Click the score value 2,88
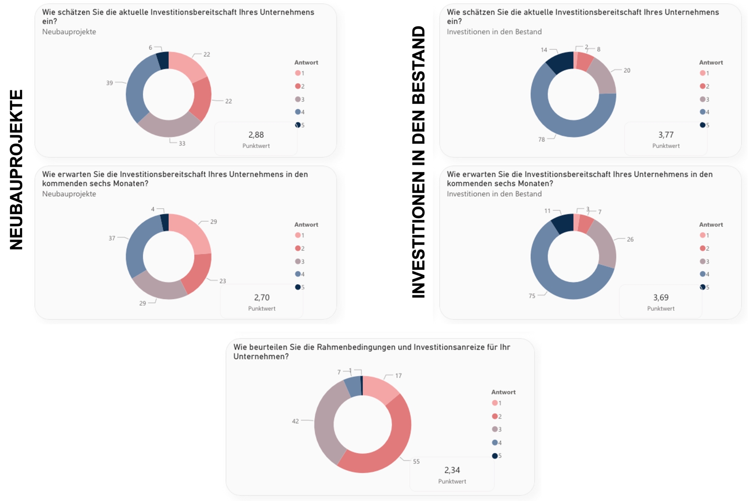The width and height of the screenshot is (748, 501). coord(256,135)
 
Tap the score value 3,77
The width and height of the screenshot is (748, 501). coord(665,135)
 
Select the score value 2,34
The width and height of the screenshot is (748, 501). coord(452,470)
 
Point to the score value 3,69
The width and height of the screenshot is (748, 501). coord(660,297)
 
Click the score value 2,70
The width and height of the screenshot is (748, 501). coord(262,297)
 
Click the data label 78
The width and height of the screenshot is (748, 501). coord(541,139)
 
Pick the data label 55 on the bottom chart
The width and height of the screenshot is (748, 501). coord(416,462)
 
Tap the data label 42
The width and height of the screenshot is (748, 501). coord(295,421)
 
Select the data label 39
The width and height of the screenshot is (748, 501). coord(110,83)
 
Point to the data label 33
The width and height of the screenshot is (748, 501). coord(182,144)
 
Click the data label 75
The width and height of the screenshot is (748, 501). coord(532,296)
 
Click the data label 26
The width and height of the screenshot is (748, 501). coord(630,239)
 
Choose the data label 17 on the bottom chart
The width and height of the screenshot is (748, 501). coord(398,376)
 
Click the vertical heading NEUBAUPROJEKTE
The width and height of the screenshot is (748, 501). coord(16,170)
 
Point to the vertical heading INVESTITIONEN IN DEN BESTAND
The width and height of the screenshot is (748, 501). coord(419,162)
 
